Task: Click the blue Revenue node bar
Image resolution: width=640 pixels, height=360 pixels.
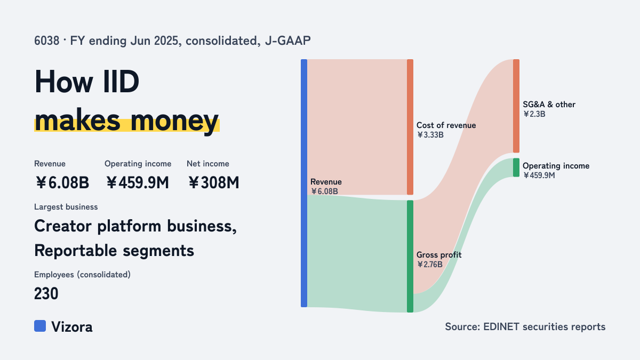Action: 304,183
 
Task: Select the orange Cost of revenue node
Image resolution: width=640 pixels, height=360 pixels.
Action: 410,127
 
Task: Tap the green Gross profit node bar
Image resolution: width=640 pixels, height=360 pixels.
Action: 410,257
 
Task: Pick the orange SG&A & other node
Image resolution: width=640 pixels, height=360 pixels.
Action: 516,106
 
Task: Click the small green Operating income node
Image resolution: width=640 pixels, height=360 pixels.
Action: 516,167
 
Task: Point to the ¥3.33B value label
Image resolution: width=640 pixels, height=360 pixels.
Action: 430,135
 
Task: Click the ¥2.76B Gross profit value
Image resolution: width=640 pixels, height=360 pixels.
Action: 429,265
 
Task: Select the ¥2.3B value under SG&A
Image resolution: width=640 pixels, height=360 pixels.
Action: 534,114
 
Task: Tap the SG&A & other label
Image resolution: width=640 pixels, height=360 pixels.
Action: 549,105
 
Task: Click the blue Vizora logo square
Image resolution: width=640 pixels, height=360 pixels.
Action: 40,326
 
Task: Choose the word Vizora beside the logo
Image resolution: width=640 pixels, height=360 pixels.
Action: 72,327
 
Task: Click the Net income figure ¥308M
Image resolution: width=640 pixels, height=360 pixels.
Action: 213,182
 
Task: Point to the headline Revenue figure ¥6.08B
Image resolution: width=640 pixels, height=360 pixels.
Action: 62,182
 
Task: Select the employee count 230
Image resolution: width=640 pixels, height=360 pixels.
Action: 46,293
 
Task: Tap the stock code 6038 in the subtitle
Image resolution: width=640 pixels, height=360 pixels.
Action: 46,41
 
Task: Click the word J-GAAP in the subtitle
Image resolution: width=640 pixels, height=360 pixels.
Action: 287,41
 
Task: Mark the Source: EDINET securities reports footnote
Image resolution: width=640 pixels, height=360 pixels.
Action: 525,326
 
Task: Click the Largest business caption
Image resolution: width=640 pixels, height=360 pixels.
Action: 66,207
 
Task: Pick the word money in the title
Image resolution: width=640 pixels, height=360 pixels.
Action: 174,121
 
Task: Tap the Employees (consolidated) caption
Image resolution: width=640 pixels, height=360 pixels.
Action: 82,275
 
